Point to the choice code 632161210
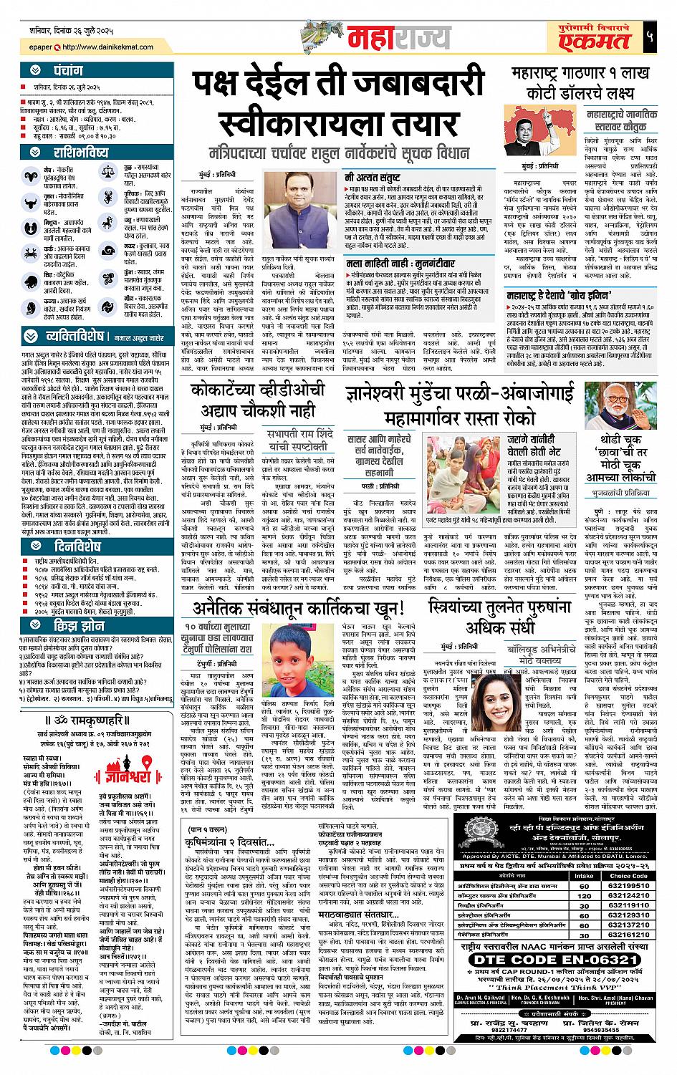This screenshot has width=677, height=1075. (x=629, y=935)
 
